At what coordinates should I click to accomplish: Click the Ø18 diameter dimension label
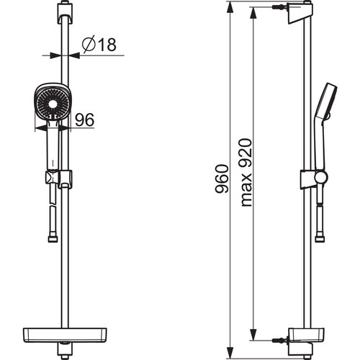pyautogui.click(x=99, y=44)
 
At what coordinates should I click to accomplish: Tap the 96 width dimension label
pyautogui.click(x=84, y=120)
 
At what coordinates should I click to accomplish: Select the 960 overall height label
pyautogui.click(x=222, y=179)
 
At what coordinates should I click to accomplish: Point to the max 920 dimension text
pyautogui.click(x=246, y=172)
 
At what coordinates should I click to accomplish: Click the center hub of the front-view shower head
pyautogui.click(x=53, y=104)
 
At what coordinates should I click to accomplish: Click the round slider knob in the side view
pyautogui.click(x=321, y=178)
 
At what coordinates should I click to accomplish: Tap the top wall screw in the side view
pyautogui.click(x=280, y=7)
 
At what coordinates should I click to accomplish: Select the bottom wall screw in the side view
pyautogui.click(x=280, y=340)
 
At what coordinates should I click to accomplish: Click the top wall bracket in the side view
pyautogui.click(x=300, y=13)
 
